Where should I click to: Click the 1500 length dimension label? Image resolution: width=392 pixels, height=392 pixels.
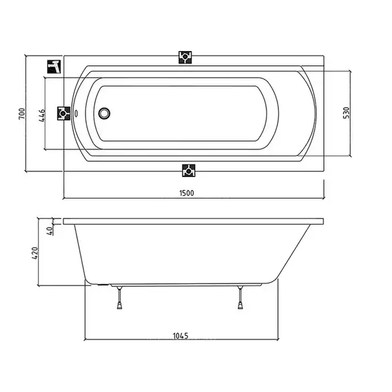tap(186, 193)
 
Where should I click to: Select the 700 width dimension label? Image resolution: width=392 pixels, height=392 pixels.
tap(22, 114)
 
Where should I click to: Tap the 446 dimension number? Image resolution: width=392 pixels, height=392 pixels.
tap(42, 115)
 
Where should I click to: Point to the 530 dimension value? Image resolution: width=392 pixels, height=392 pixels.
tap(346, 113)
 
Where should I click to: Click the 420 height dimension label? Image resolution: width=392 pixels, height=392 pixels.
tap(35, 253)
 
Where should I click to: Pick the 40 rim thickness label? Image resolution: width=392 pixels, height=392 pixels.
tap(50, 230)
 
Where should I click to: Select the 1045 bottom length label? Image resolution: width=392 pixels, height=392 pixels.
tap(180, 336)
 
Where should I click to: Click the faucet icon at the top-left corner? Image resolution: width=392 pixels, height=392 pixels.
tap(54, 67)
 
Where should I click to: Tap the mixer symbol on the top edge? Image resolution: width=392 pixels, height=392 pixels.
tap(186, 57)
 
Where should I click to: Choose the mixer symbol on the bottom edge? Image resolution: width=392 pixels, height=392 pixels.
tap(189, 171)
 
